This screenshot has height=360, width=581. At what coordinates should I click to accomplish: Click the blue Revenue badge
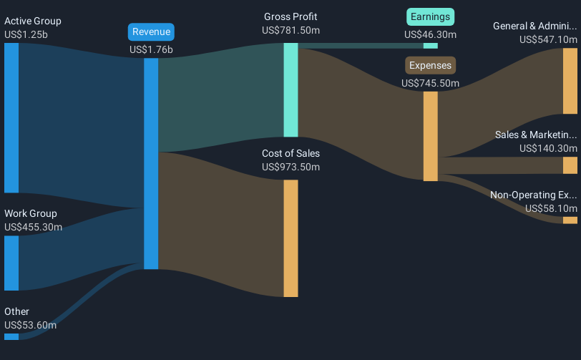pyautogui.click(x=151, y=32)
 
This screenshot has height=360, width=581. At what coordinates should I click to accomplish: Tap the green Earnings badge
pyautogui.click(x=430, y=17)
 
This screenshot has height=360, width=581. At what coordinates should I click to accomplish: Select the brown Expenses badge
pyautogui.click(x=430, y=65)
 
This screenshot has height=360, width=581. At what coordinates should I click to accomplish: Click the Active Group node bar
pyautogui.click(x=11, y=118)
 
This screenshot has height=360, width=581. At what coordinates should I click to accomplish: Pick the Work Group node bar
pyautogui.click(x=11, y=263)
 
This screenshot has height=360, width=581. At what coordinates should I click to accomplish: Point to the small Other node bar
pyautogui.click(x=11, y=336)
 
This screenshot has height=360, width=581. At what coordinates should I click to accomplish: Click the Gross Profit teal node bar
pyautogui.click(x=291, y=89)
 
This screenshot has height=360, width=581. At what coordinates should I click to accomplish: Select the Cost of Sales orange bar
pyautogui.click(x=291, y=238)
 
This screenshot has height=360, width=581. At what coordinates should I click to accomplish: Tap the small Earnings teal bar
pyautogui.click(x=431, y=46)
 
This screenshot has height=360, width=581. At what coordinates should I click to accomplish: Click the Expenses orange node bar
pyautogui.click(x=431, y=136)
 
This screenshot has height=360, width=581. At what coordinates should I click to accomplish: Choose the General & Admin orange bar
pyautogui.click(x=570, y=81)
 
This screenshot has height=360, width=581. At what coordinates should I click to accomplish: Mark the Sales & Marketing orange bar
pyautogui.click(x=570, y=165)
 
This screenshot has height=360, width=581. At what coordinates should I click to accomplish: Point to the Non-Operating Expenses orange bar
pyautogui.click(x=570, y=220)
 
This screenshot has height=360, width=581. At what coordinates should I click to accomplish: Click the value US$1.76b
pyautogui.click(x=151, y=49)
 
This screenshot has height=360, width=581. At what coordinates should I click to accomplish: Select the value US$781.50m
pyautogui.click(x=291, y=30)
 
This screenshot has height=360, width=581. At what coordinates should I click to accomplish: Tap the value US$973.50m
pyautogui.click(x=291, y=167)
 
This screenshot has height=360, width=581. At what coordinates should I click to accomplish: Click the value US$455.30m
pyautogui.click(x=34, y=227)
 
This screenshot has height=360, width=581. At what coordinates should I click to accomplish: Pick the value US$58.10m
pyautogui.click(x=551, y=208)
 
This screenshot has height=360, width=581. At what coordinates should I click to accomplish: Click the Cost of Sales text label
pyautogui.click(x=291, y=153)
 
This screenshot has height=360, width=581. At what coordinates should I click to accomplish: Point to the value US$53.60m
pyautogui.click(x=30, y=325)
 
